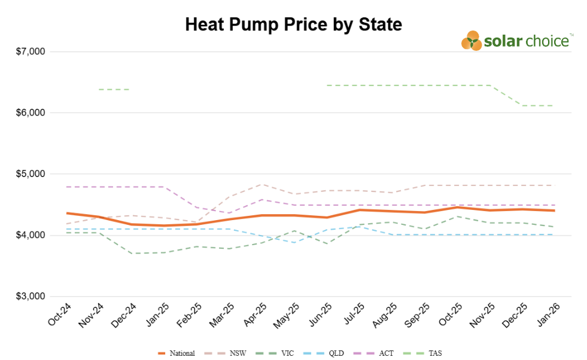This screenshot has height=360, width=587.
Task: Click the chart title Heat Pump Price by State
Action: (293, 25)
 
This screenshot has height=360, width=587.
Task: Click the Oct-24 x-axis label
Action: (59, 315)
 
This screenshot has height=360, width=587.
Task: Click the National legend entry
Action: (177, 353)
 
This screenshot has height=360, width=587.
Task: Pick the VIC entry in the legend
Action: (279, 353)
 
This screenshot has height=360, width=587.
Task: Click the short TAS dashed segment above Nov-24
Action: (114, 90)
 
